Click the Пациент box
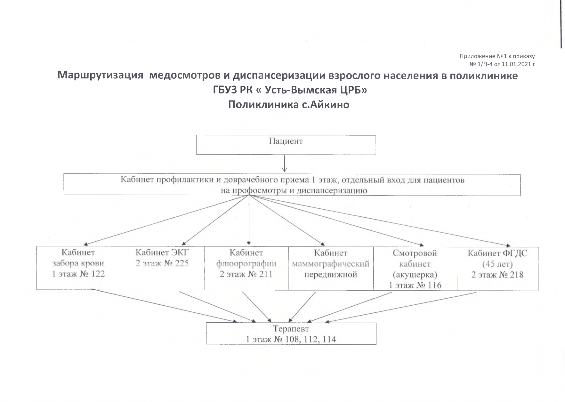[x=286, y=145]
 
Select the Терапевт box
[x=291, y=334]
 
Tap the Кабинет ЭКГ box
[x=163, y=268]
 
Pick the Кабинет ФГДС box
[x=498, y=269]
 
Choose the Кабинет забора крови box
[x=79, y=268]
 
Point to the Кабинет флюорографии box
[x=246, y=268]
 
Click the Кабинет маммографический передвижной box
[x=331, y=268]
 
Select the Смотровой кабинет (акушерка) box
[x=415, y=269]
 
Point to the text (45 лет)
[x=497, y=264]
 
